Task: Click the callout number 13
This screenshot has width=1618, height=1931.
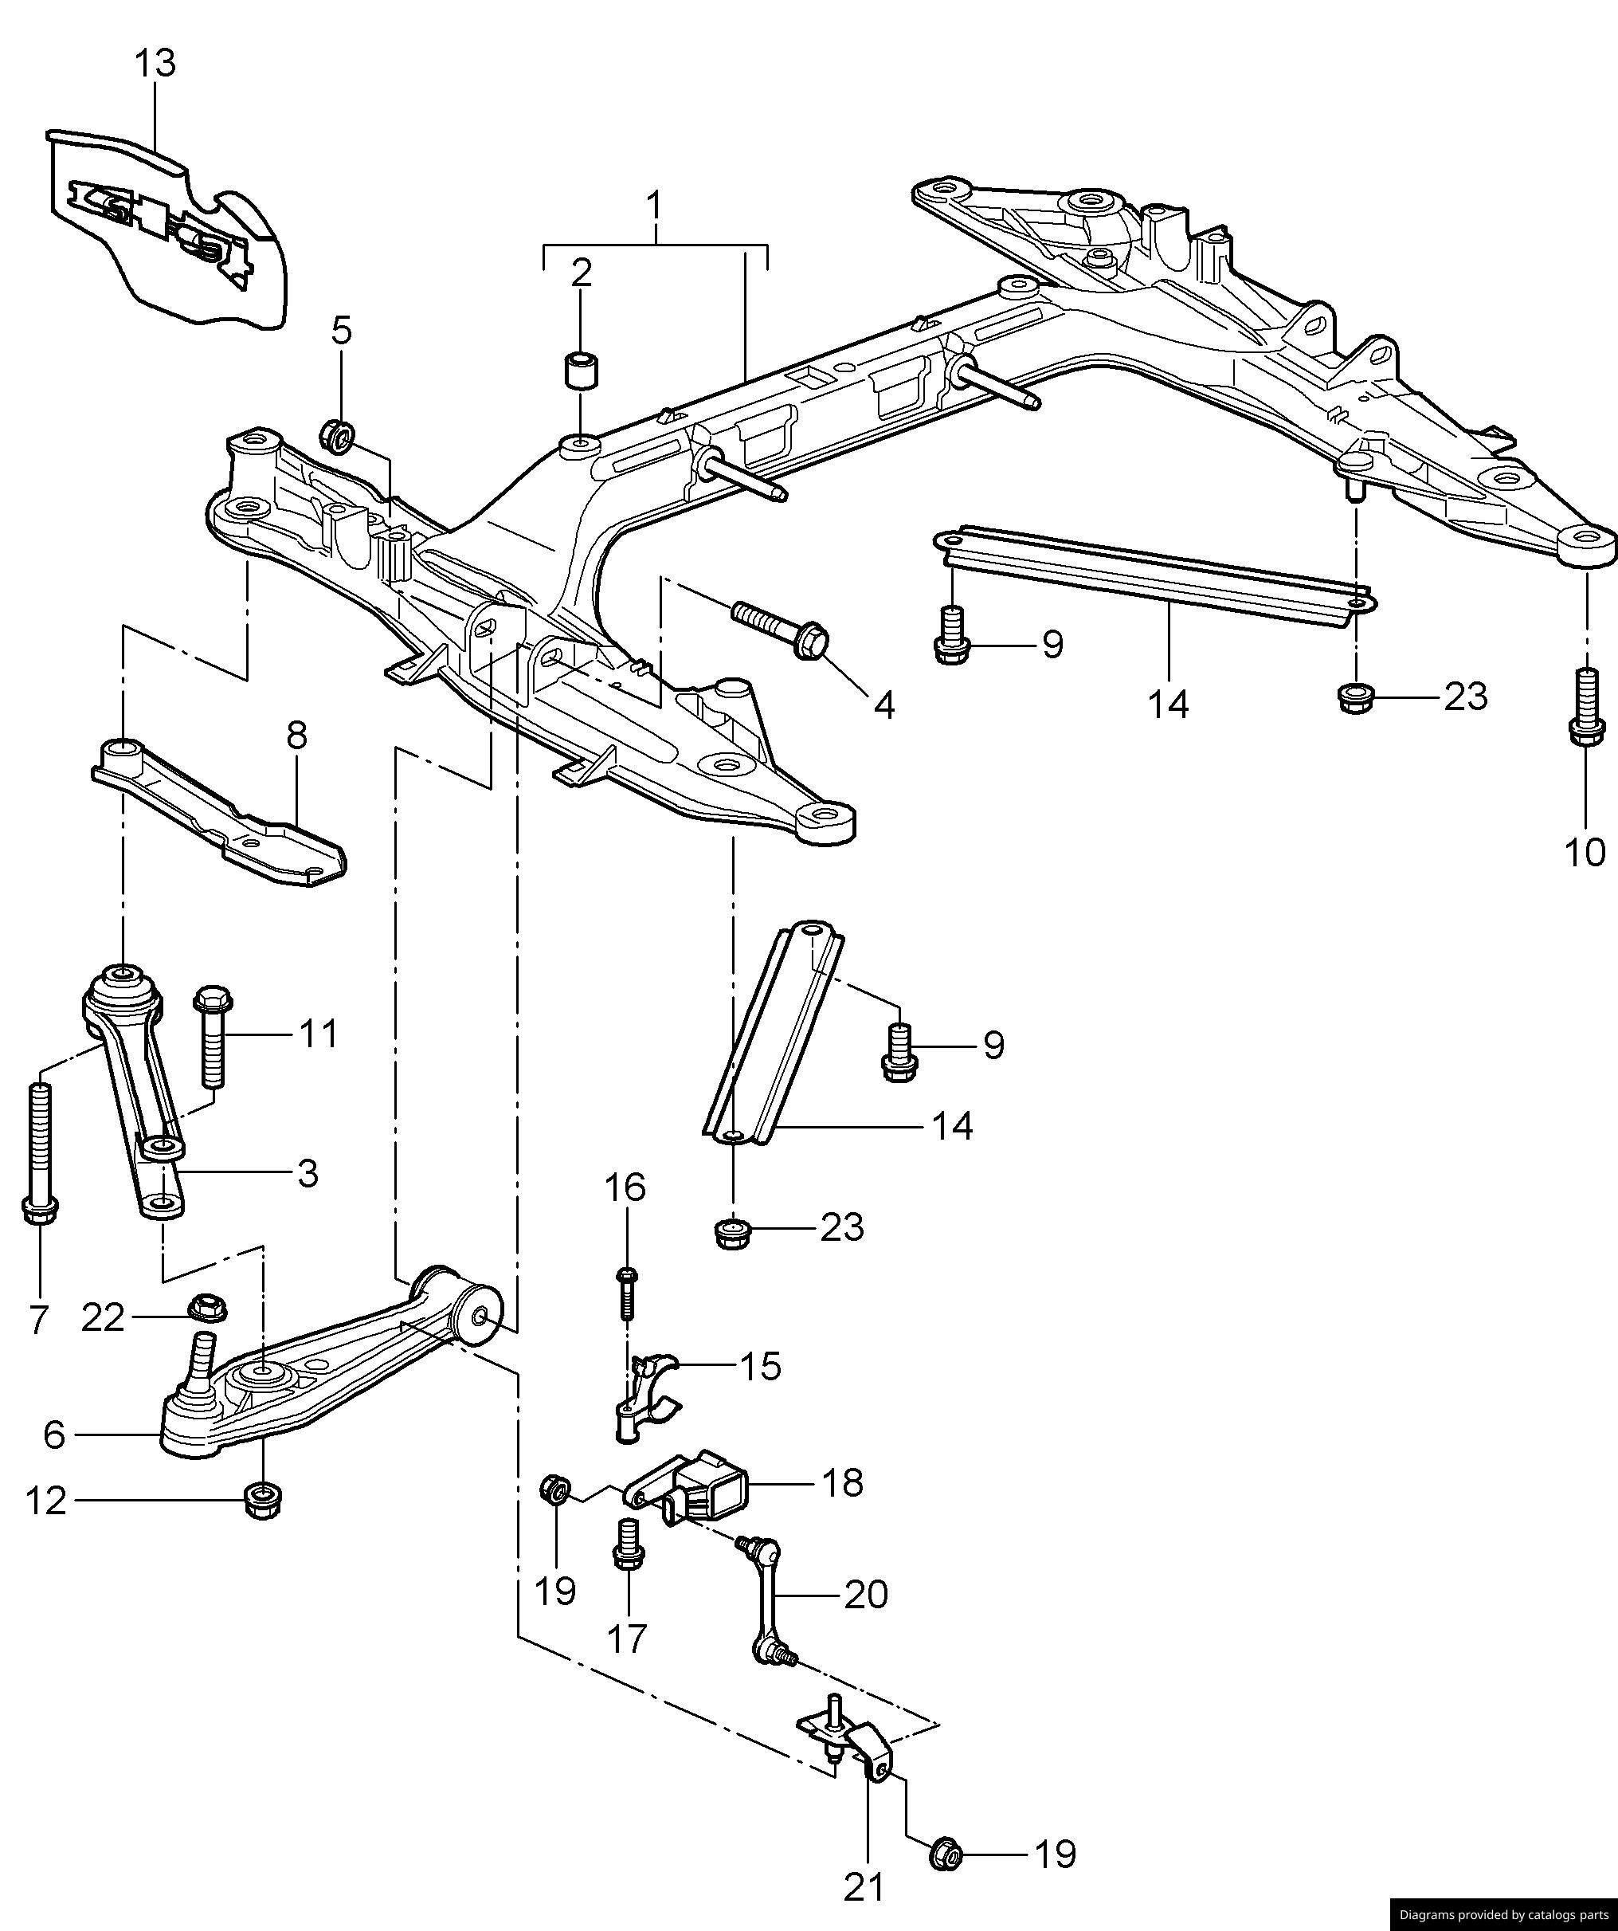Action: [155, 65]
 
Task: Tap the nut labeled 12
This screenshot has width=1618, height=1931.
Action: [264, 1501]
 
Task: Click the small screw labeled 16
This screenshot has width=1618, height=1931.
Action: [628, 1292]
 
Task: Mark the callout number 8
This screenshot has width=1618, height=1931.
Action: [296, 736]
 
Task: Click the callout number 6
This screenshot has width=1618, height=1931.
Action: [54, 1435]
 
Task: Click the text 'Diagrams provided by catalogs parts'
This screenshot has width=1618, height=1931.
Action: [1503, 1914]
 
